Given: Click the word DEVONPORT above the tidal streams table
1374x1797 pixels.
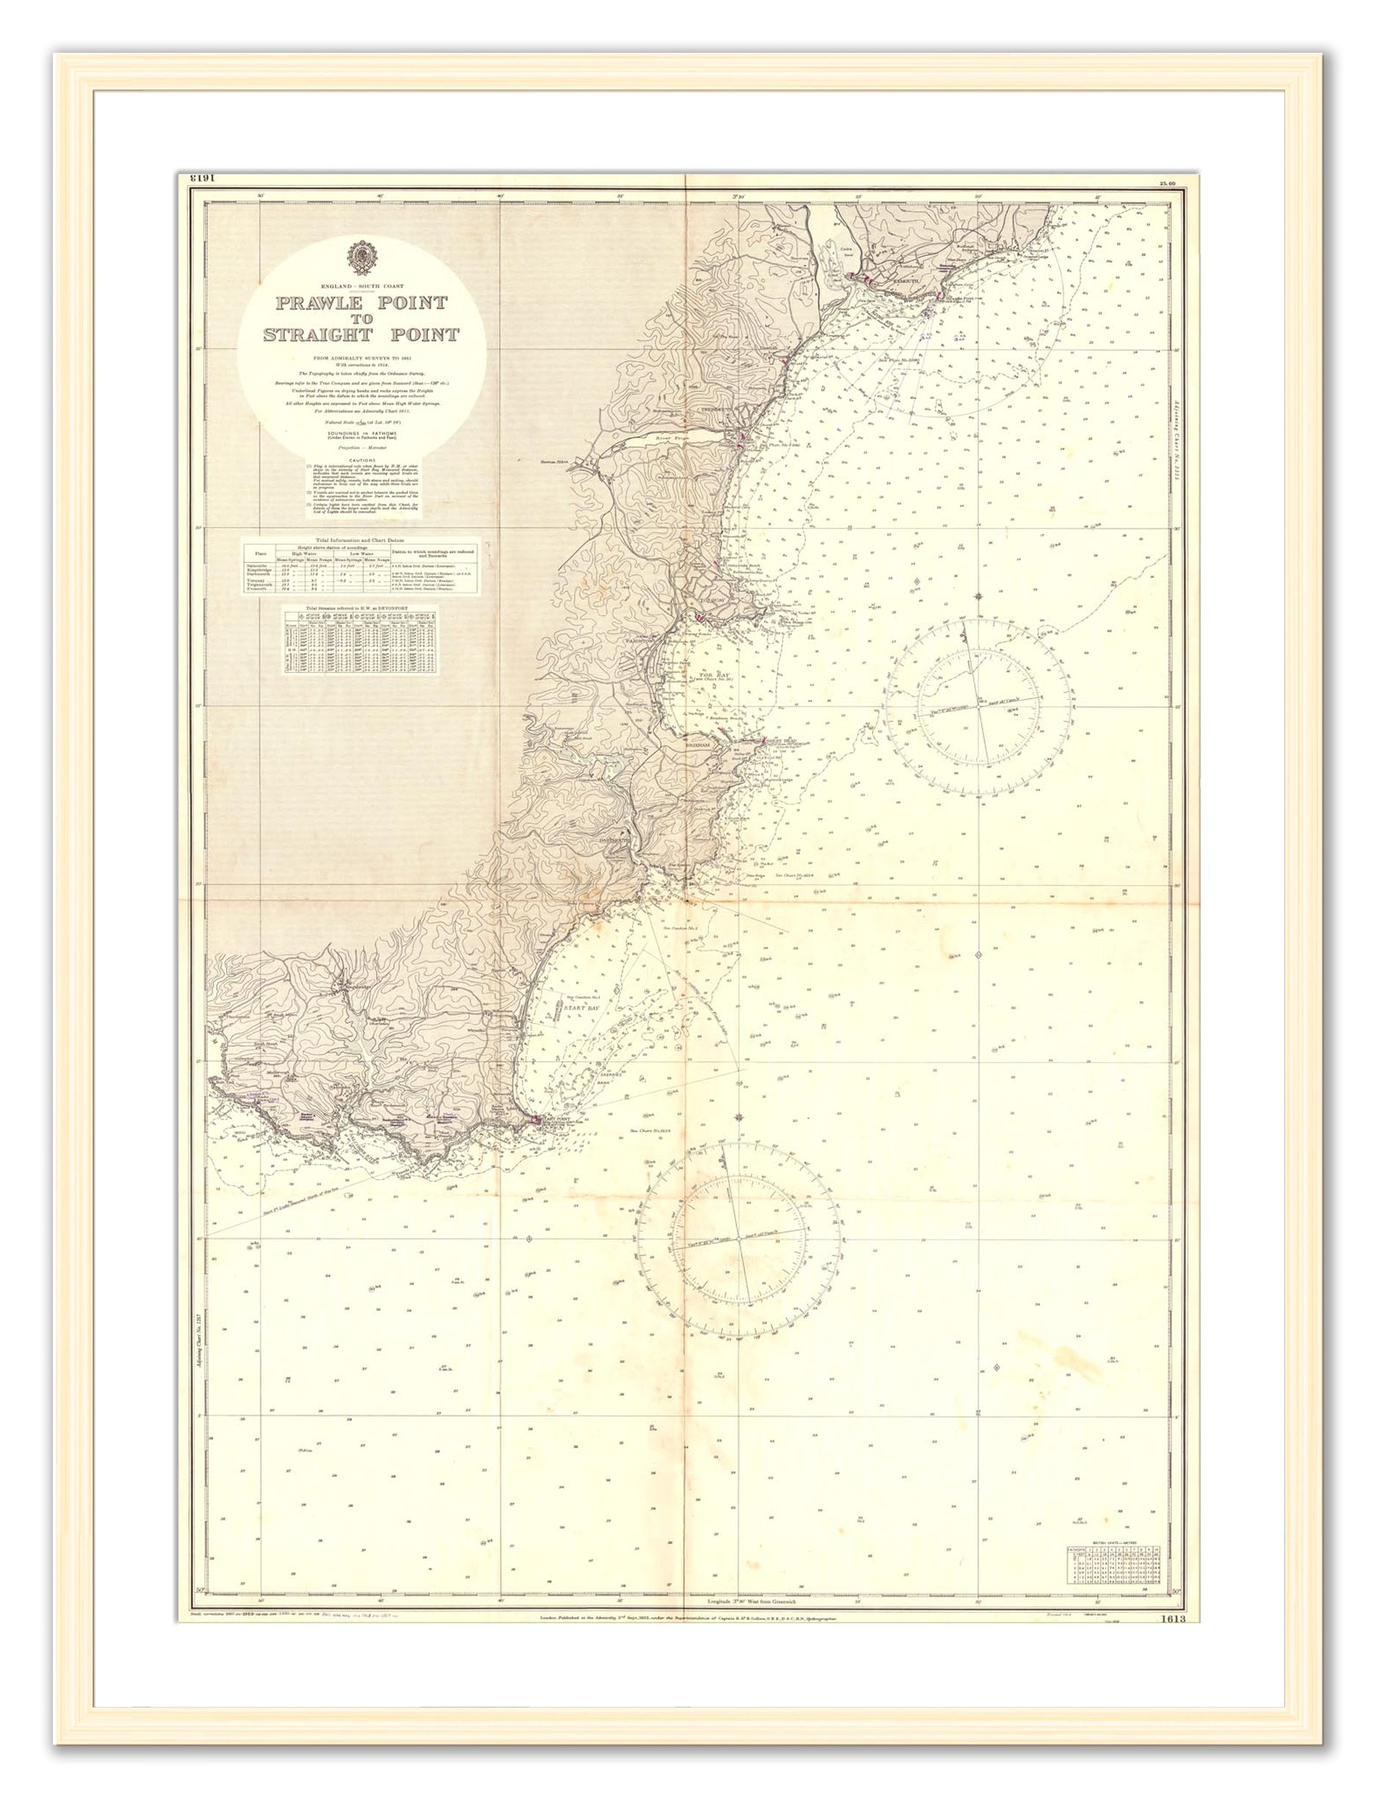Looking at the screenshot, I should [x=399, y=609].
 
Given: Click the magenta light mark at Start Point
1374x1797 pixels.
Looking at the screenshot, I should [x=536, y=1119].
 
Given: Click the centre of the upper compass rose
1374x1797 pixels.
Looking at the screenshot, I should [x=979, y=707].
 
